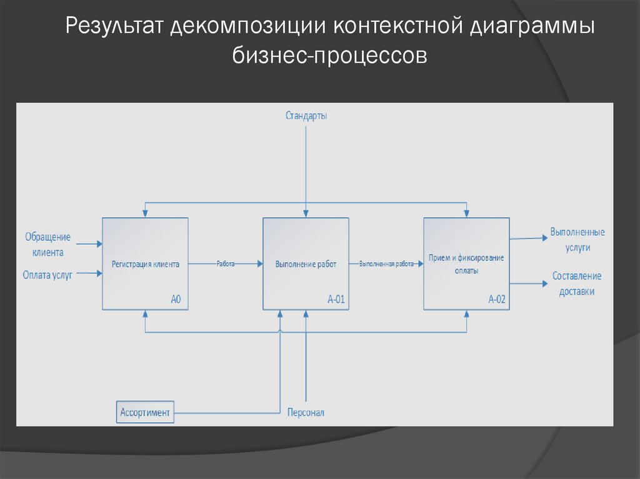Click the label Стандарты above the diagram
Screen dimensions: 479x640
306,116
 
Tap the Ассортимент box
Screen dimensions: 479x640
145,412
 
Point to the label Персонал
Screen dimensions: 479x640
306,413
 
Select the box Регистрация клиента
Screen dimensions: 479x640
145,264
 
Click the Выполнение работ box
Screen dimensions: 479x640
306,264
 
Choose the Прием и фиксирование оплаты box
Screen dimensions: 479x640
466,264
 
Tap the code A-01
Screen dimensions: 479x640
336,300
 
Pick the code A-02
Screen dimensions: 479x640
496,300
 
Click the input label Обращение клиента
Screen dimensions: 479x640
47,245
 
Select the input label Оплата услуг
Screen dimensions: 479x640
47,274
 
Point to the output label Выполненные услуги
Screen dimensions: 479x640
577,240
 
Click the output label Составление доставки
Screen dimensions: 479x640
576,284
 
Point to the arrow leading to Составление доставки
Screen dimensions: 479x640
527,283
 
